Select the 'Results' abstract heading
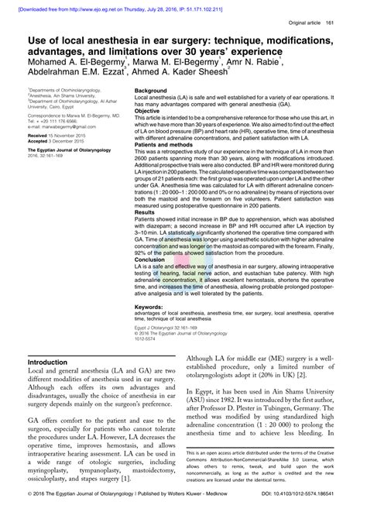pos(146,211)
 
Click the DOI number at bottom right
pos(315,513)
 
